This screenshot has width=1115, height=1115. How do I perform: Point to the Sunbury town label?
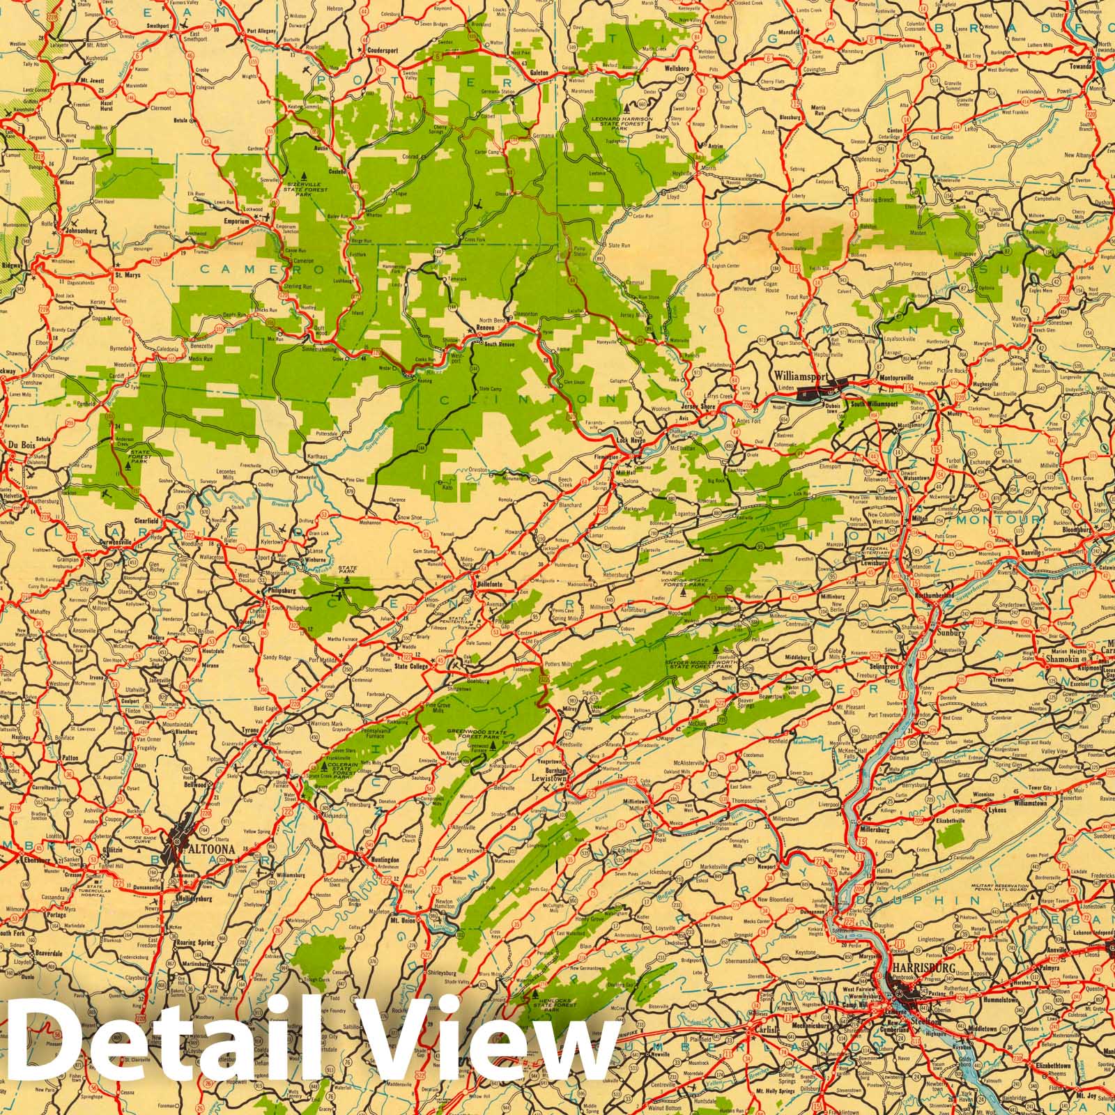952,633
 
